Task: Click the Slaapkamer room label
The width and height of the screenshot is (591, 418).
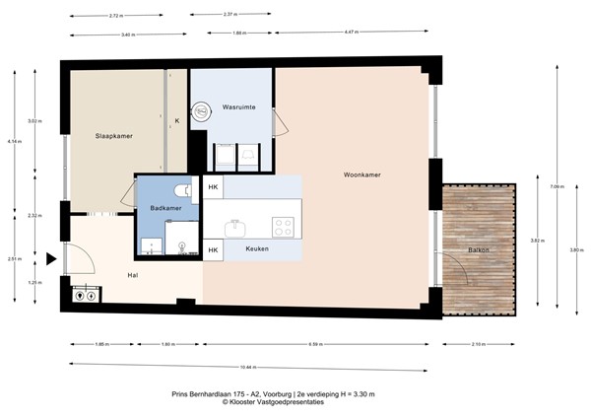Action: pyautogui.click(x=114, y=135)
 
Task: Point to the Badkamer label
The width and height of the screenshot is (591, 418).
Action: pyautogui.click(x=164, y=208)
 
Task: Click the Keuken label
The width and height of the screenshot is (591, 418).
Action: pyautogui.click(x=258, y=250)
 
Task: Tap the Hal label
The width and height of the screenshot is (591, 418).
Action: pyautogui.click(x=131, y=275)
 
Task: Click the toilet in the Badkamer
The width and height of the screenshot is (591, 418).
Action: pyautogui.click(x=180, y=189)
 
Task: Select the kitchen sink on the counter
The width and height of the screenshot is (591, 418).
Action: pyautogui.click(x=235, y=228)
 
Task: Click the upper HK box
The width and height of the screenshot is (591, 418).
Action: pyautogui.click(x=213, y=185)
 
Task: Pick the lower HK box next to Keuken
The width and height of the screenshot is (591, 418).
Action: pyautogui.click(x=213, y=250)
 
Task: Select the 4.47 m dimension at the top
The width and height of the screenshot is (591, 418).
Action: pyautogui.click(x=351, y=34)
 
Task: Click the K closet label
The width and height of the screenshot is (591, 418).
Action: pyautogui.click(x=177, y=121)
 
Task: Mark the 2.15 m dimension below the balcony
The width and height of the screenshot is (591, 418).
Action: pyautogui.click(x=479, y=345)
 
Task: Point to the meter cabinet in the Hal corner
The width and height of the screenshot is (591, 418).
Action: pyautogui.click(x=84, y=293)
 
